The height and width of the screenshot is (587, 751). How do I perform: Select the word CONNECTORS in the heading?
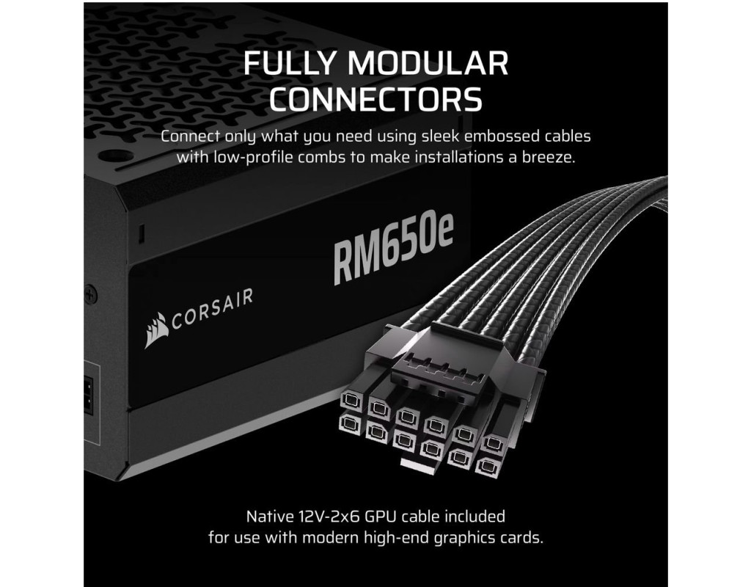click(375, 98)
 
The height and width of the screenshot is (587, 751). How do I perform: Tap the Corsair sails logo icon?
click(155, 330)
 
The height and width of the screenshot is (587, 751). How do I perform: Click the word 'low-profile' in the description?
click(254, 158)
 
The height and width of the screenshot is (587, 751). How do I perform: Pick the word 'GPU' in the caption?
click(381, 517)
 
